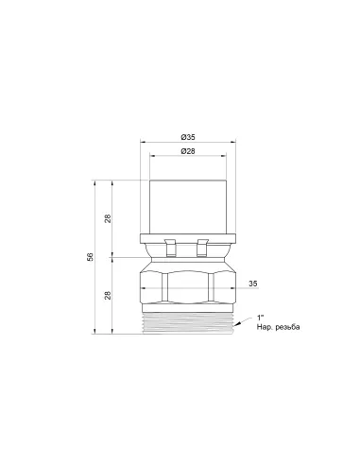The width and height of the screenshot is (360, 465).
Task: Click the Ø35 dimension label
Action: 188,137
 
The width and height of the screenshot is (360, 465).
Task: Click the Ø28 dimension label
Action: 188,151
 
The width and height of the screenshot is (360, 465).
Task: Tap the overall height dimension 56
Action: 91,257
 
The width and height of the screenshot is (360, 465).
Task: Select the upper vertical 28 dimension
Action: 108,218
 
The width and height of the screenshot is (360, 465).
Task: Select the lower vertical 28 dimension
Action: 108,295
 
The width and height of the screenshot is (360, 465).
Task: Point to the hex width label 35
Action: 253,284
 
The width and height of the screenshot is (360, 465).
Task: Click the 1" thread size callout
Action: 260,318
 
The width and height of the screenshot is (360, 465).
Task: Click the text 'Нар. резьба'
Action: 278,327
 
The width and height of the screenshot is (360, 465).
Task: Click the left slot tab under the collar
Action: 170,248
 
